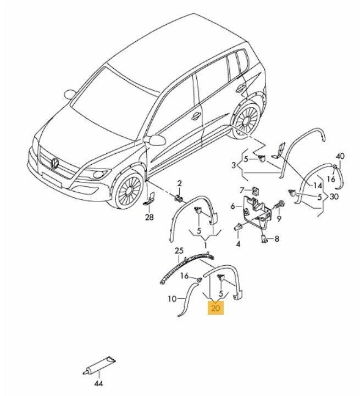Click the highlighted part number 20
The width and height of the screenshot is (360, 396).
click(215, 308)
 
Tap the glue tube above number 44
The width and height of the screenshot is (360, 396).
click(99, 365)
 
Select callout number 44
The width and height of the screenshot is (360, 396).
click(98, 383)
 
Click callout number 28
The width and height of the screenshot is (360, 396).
click(149, 217)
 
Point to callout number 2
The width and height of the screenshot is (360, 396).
click(179, 183)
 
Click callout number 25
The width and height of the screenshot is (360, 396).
click(179, 251)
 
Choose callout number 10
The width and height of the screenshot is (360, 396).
click(172, 299)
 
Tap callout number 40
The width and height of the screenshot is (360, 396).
click(340, 157)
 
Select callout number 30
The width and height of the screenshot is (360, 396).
click(334, 196)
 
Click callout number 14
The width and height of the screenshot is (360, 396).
click(318, 186)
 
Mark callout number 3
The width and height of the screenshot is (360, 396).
click(234, 165)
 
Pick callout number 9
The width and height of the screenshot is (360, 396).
click(279, 219)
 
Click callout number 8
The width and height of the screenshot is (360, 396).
click(277, 239)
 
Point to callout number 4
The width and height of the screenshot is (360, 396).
click(238, 244)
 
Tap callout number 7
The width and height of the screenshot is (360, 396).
click(242, 189)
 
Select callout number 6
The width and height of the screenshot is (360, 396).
click(233, 207)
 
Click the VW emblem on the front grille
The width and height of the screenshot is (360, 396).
click(55, 163)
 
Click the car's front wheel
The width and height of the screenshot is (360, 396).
click(129, 189)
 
